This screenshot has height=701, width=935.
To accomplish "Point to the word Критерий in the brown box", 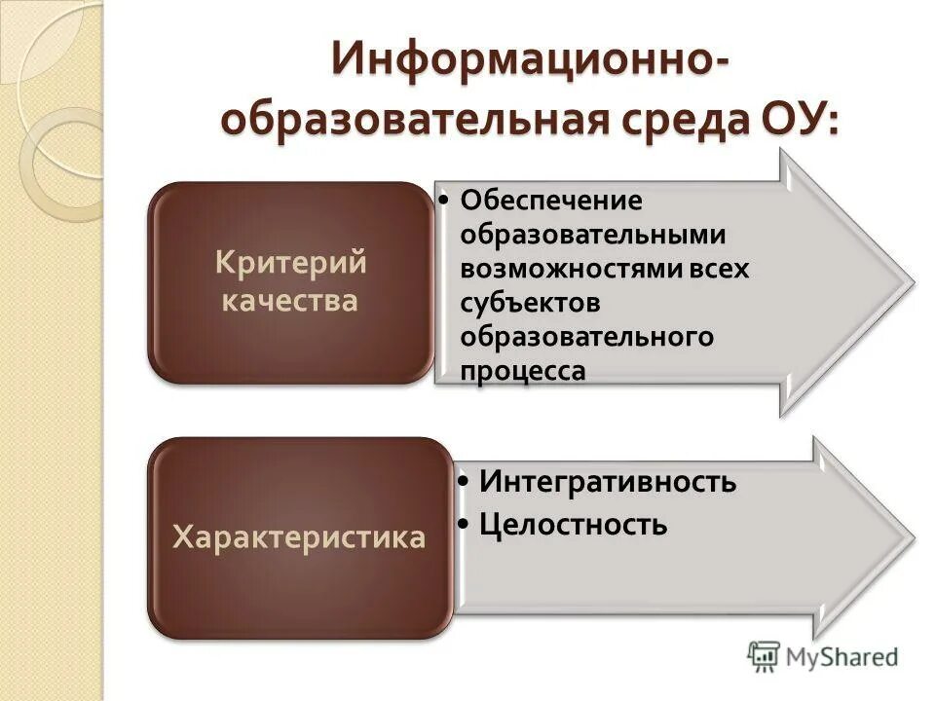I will (x=290, y=263).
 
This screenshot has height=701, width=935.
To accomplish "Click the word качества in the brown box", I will (x=290, y=300).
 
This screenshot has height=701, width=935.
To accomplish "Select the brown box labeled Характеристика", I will (x=299, y=537).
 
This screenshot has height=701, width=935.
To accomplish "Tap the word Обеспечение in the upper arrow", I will (x=552, y=201).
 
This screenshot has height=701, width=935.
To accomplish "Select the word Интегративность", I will (x=608, y=482).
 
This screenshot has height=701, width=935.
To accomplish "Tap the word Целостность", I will (x=574, y=525).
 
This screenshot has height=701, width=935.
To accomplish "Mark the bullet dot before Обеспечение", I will (x=443, y=202).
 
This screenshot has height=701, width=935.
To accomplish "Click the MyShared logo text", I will (x=842, y=657).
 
